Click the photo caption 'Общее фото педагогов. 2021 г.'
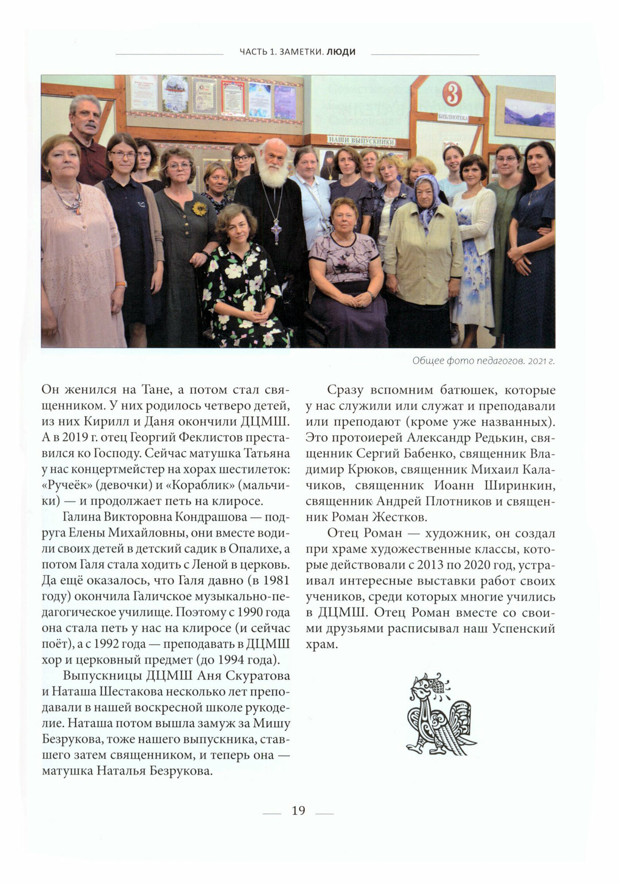click(x=483, y=361)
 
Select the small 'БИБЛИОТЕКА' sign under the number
click(x=453, y=118)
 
